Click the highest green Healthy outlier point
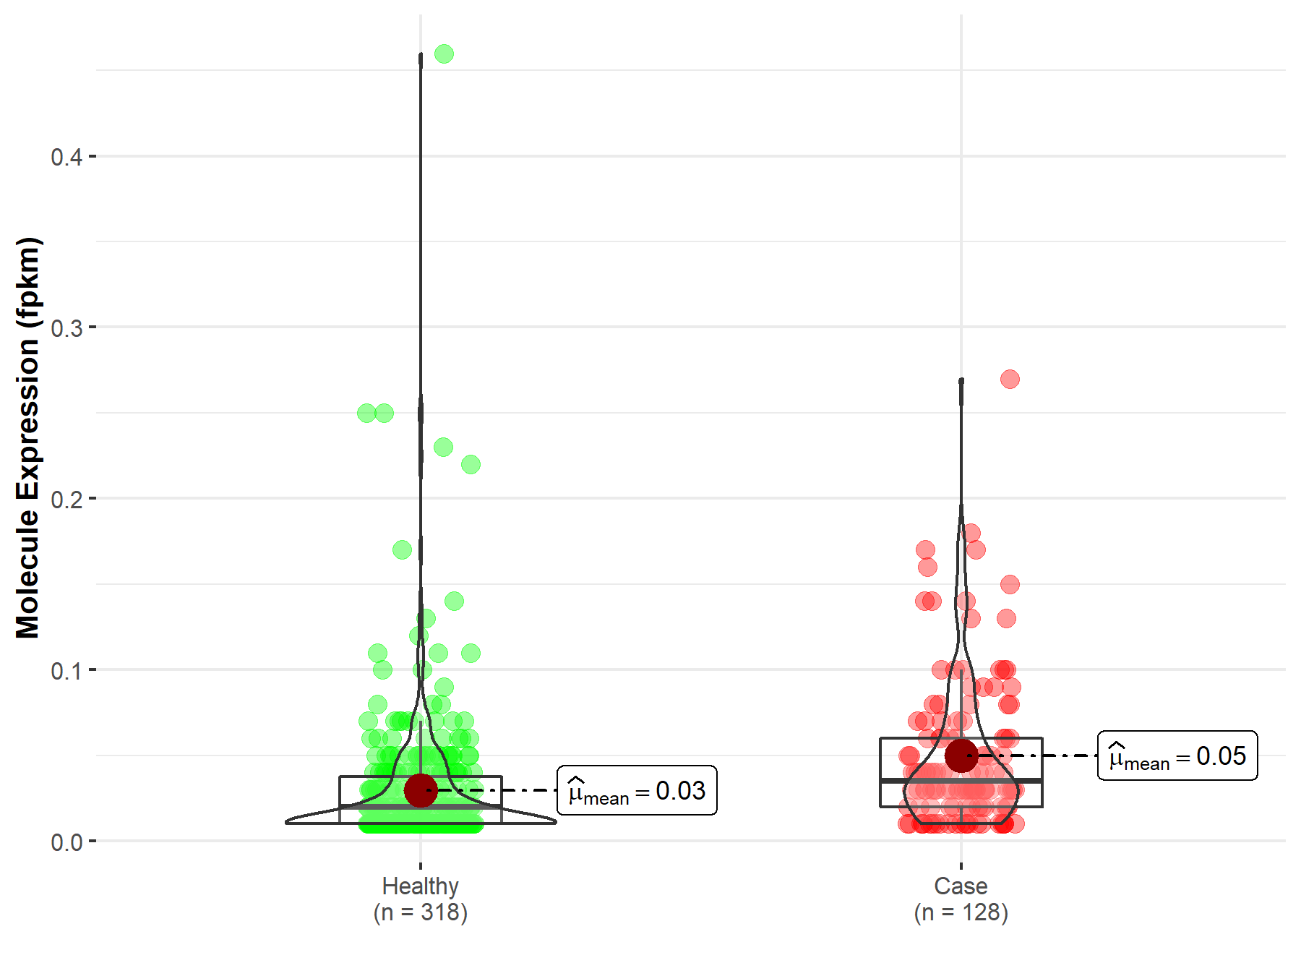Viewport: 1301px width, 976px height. (444, 54)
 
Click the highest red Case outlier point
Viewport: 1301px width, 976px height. (1010, 379)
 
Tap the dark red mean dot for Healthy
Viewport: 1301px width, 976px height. (421, 789)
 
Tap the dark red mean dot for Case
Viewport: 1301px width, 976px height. (961, 755)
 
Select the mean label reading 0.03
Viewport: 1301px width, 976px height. (637, 790)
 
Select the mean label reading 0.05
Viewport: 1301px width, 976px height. (1177, 755)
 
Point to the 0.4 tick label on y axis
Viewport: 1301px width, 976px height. (66, 157)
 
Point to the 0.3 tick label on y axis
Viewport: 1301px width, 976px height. (66, 328)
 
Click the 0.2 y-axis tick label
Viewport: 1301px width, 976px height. (66, 499)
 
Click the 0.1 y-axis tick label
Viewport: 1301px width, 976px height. (66, 670)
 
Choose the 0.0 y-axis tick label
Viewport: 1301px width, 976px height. (66, 842)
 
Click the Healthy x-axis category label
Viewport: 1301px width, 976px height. (421, 886)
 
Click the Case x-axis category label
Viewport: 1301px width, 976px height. (961, 886)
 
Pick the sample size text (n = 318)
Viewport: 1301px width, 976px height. (421, 912)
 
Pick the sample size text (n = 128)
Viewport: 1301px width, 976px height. (961, 912)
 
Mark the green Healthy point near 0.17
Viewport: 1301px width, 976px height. (402, 549)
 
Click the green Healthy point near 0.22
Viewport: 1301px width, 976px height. (471, 464)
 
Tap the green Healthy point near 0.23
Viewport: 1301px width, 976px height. (443, 447)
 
